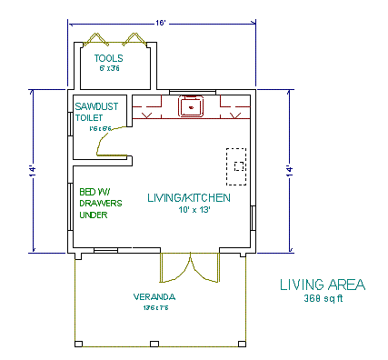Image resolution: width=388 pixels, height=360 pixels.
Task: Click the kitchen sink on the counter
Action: [192, 107]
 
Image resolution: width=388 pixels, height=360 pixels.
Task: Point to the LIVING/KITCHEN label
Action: [188, 197]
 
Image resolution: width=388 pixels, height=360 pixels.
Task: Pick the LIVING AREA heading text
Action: [323, 285]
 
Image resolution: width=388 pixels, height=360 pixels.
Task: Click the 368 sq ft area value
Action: [323, 297]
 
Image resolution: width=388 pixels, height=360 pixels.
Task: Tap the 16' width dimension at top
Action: [160, 22]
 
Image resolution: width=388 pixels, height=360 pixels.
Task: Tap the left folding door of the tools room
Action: [95, 38]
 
